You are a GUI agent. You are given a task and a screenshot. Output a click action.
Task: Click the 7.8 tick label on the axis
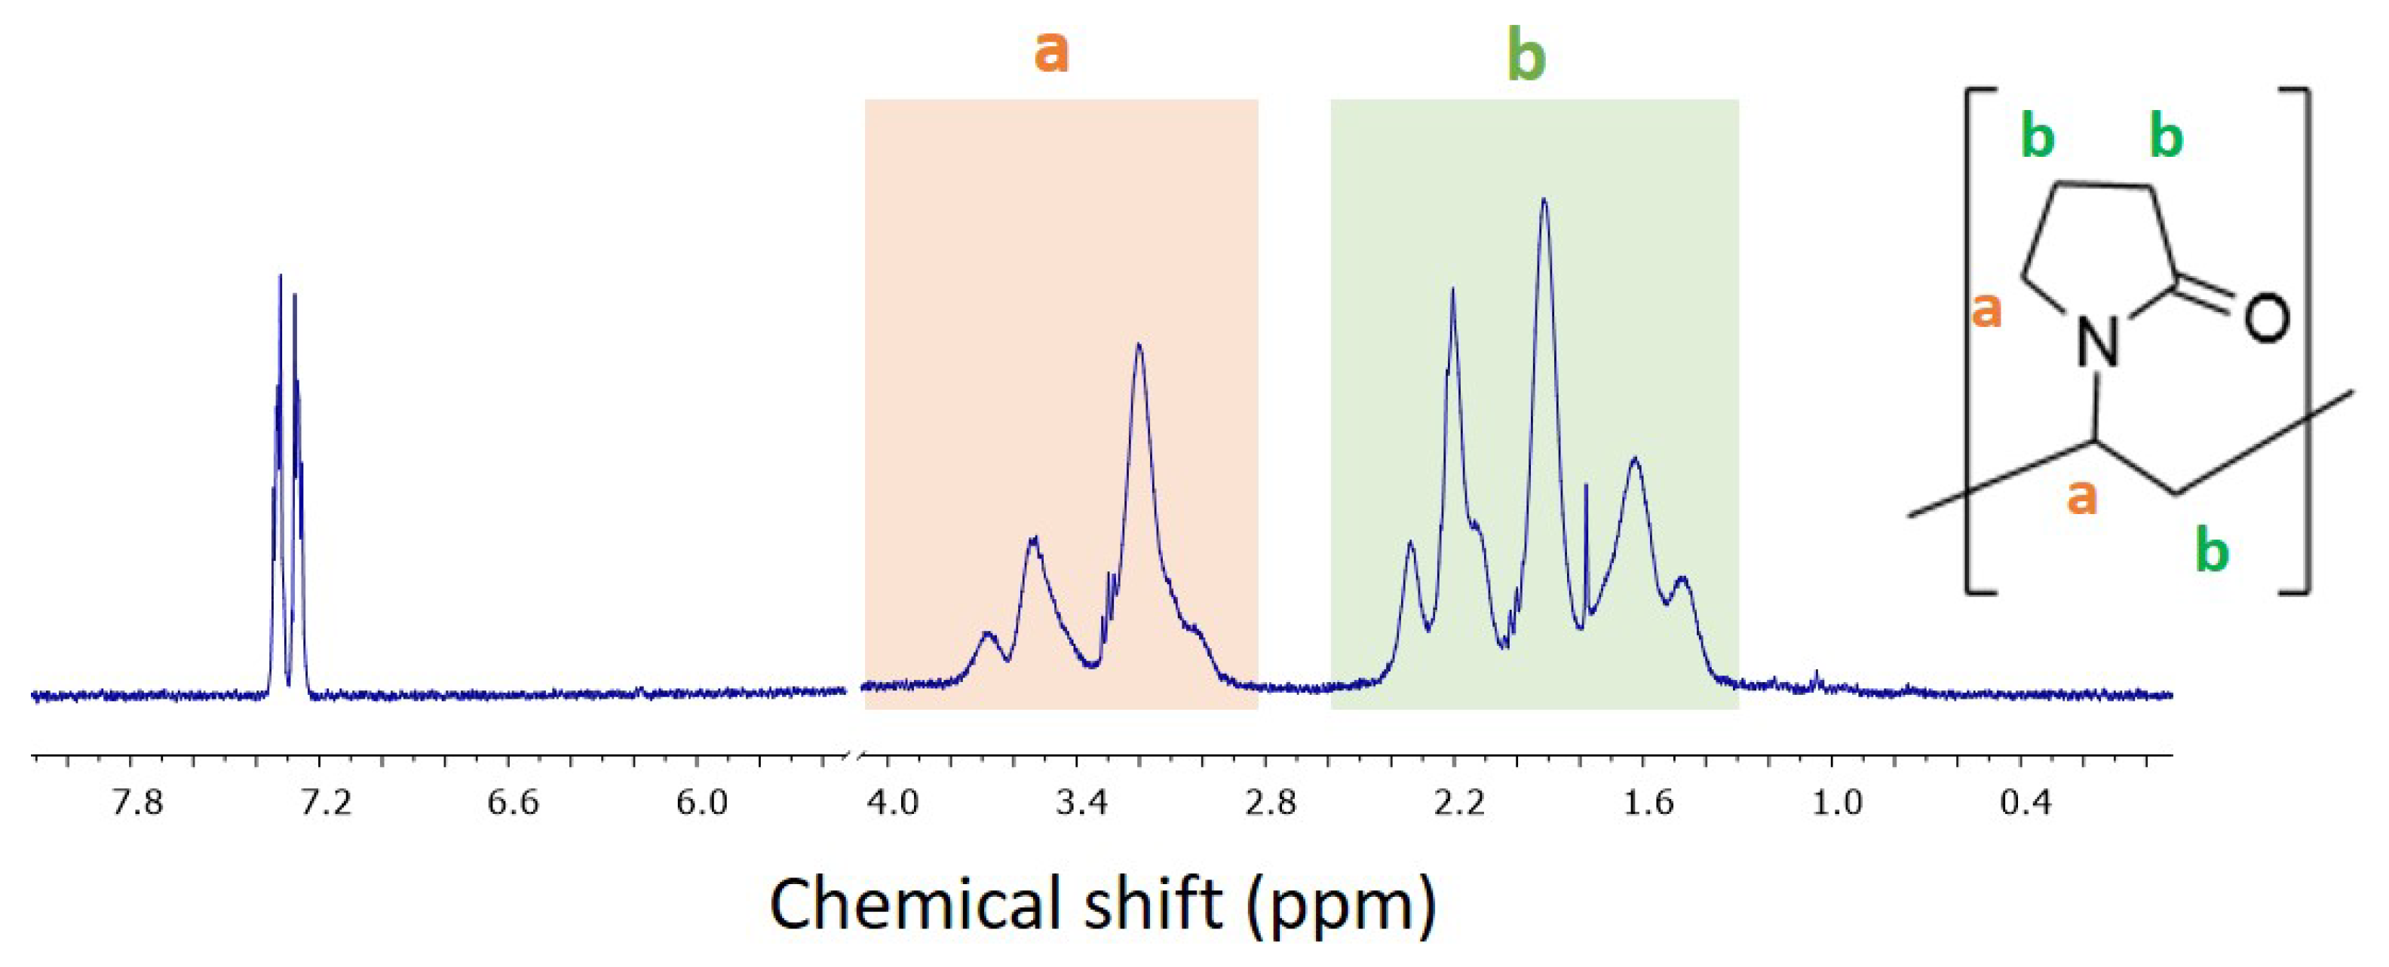pos(137,802)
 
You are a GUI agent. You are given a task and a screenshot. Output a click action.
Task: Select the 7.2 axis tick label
pos(327,802)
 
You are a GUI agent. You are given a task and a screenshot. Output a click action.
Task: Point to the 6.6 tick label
pos(514,802)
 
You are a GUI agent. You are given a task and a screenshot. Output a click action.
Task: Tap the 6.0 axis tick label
pos(702,802)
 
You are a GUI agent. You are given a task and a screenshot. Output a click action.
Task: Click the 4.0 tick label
pos(893,802)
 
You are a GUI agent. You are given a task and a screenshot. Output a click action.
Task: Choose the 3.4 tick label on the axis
pos(1082,802)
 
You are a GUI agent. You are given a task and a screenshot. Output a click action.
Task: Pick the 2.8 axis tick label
pos(1271,802)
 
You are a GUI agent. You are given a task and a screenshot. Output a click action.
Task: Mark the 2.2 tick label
pos(1458,802)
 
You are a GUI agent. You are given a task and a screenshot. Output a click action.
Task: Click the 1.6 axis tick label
pos(1648,802)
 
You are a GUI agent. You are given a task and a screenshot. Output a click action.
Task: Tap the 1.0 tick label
pos(1837,802)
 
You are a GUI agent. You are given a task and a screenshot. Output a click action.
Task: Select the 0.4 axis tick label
pos(2026,802)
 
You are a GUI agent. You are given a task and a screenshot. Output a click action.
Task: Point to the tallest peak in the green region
pos(1544,200)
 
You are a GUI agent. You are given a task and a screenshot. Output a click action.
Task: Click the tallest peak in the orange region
pos(1139,346)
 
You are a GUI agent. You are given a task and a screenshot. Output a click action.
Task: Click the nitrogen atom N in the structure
pos(2099,342)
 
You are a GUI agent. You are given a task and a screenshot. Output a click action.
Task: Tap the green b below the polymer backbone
pos(2212,552)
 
